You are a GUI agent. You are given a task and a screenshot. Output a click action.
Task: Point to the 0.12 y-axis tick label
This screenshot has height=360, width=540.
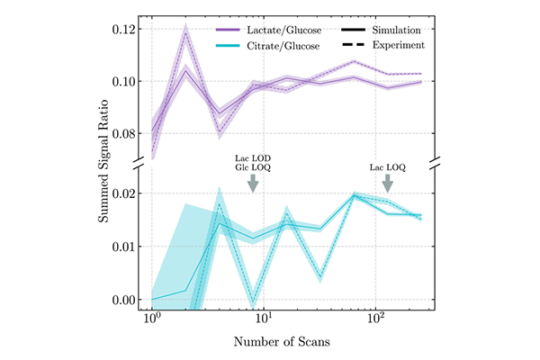point(125,29)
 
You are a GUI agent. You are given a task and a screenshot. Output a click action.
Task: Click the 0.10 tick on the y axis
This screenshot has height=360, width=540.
point(125,81)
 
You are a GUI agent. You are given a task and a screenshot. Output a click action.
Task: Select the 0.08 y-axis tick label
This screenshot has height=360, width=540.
point(125,133)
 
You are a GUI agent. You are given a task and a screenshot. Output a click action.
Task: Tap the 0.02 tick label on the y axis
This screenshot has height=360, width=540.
point(125,193)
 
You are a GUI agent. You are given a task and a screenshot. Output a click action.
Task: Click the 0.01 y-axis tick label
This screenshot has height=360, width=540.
point(125,247)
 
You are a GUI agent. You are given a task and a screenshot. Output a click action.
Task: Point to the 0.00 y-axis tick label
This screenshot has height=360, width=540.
point(125,300)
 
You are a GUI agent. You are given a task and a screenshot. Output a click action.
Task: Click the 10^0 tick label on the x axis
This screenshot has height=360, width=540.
point(152,321)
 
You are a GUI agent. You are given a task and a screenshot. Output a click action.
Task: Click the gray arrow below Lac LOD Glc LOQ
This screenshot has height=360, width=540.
point(253,182)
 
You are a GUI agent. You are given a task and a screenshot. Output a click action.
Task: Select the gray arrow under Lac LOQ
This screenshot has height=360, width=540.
point(388,182)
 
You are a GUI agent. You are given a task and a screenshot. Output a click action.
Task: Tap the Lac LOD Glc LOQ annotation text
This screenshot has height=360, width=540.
point(253,159)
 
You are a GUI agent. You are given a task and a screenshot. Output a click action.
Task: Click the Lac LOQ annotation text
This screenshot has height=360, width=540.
point(388,166)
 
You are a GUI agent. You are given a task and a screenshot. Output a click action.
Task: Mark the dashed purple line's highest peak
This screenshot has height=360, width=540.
point(185,33)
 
